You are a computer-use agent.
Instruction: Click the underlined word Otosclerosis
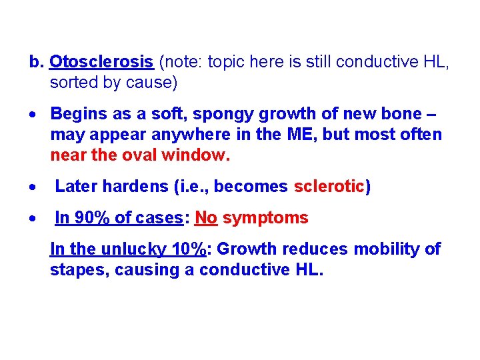tap(102, 63)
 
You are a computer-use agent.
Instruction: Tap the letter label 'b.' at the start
tap(36, 63)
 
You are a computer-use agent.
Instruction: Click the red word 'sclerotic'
tap(329, 187)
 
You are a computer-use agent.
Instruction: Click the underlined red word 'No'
tap(206, 218)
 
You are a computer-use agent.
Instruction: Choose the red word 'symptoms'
tap(265, 218)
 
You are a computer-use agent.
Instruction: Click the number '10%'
tap(189, 249)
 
